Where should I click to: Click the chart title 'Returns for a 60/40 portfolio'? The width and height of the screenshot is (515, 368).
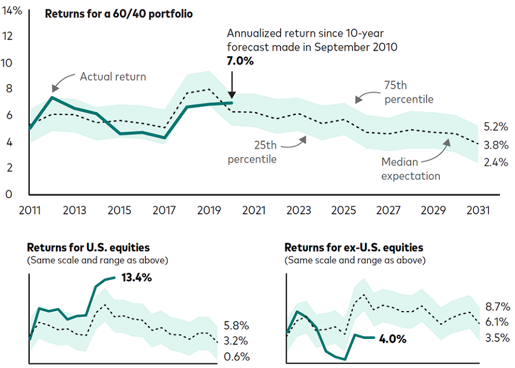pyautogui.click(x=119, y=13)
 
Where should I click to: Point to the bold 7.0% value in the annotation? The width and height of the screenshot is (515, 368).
pyautogui.click(x=241, y=61)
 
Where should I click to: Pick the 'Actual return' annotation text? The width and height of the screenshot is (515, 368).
pyautogui.click(x=113, y=77)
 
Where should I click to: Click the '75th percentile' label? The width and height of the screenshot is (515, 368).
pyautogui.click(x=409, y=93)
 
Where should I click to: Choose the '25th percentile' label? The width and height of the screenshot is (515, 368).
pyautogui.click(x=252, y=152)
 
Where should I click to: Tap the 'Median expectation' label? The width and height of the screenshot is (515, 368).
pyautogui.click(x=411, y=169)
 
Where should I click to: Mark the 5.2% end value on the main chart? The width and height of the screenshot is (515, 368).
pyautogui.click(x=496, y=127)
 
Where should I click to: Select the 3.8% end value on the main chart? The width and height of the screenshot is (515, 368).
pyautogui.click(x=496, y=145)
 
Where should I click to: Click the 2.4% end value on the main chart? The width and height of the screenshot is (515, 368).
pyautogui.click(x=496, y=162)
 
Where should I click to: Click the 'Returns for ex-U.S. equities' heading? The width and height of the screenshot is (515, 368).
pyautogui.click(x=354, y=247)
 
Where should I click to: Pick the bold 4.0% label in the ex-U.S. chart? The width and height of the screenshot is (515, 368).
pyautogui.click(x=392, y=339)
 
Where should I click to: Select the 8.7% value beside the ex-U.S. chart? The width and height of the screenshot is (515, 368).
pyautogui.click(x=497, y=306)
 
